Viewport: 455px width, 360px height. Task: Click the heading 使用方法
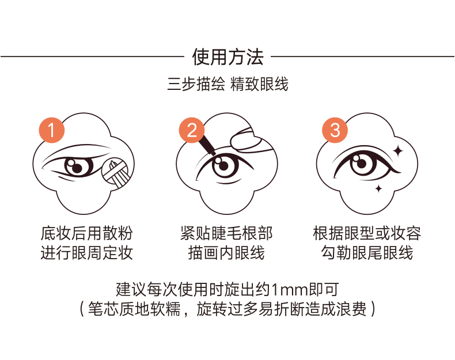click(x=227, y=57)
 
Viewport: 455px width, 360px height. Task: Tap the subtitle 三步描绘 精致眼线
click(x=227, y=85)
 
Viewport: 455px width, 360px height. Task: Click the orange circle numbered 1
click(x=52, y=131)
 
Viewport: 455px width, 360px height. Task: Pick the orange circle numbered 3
click(x=335, y=131)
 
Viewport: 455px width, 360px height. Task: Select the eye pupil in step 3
click(x=362, y=164)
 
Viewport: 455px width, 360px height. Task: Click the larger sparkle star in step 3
click(x=397, y=150)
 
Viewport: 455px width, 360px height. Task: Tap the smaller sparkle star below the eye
click(x=378, y=188)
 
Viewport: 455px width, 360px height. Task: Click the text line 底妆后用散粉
click(x=86, y=233)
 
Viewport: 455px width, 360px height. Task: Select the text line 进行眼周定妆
click(x=86, y=253)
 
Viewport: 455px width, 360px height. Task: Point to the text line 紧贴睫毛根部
click(x=226, y=233)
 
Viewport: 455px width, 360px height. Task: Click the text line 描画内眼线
click(x=226, y=253)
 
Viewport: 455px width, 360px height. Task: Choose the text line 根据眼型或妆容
click(x=367, y=233)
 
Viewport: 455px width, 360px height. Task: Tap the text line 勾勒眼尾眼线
click(x=367, y=253)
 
